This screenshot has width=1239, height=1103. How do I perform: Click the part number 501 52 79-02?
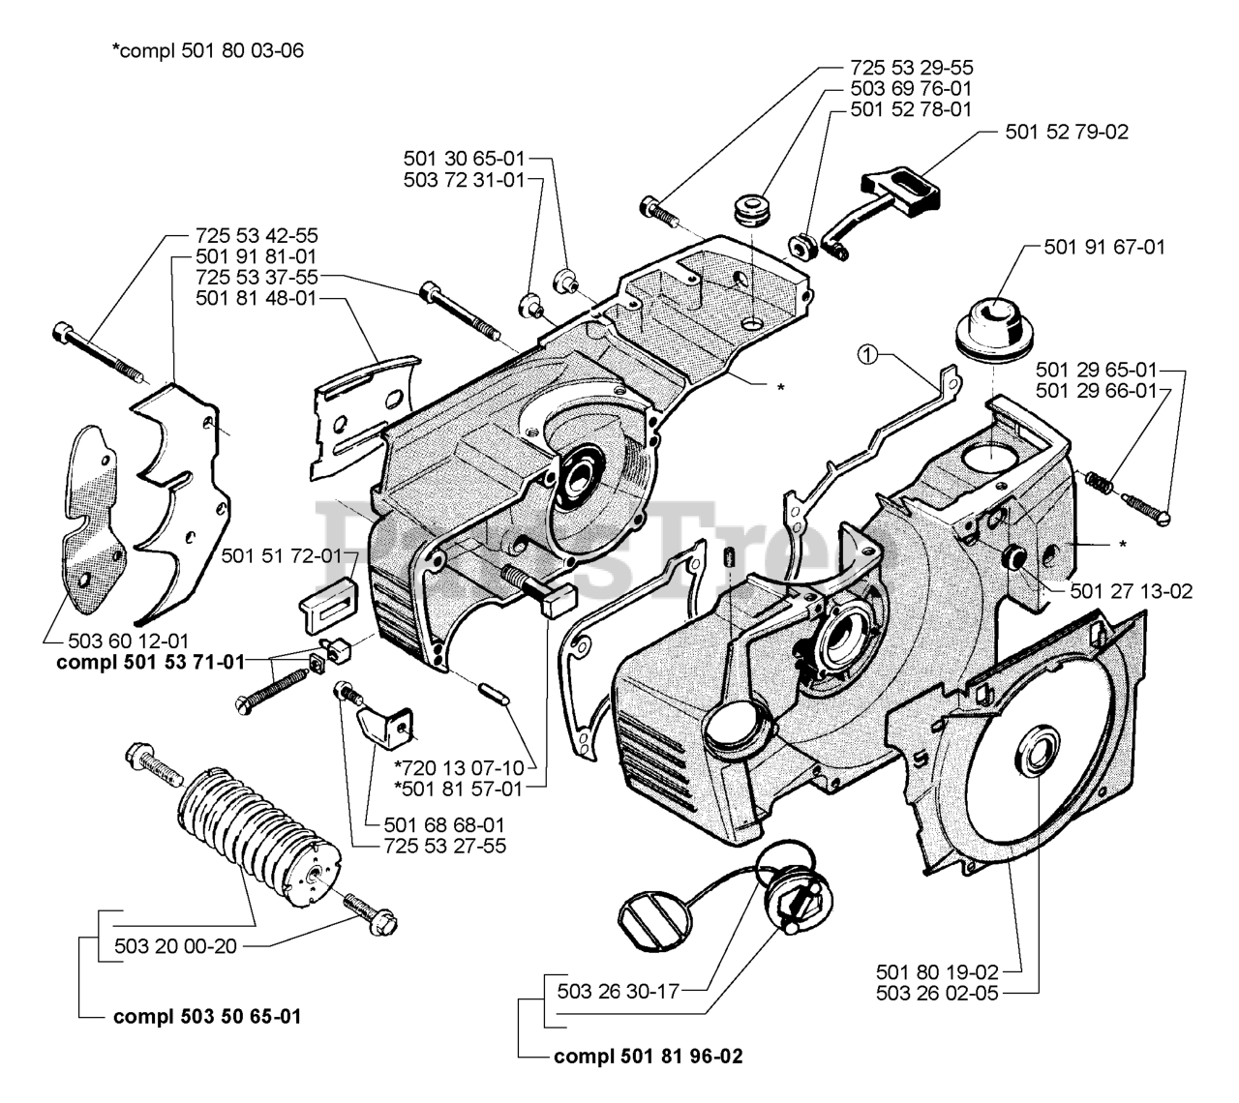[1067, 132]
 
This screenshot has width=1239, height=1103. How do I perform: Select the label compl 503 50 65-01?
[207, 1017]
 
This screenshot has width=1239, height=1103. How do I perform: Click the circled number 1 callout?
[867, 355]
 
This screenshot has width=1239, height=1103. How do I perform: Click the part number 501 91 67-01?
[1104, 247]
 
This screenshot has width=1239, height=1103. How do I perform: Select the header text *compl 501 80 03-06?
[207, 50]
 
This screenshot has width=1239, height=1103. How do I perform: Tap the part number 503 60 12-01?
[129, 641]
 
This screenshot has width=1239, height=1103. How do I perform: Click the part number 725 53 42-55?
[257, 235]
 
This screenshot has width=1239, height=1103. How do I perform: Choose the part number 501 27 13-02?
[1132, 591]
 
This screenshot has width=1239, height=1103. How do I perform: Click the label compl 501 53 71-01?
[150, 662]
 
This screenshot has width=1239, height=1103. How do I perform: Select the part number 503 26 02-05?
[937, 993]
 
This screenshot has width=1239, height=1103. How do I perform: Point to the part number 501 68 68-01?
[444, 824]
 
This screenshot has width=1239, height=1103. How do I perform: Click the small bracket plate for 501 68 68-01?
[384, 727]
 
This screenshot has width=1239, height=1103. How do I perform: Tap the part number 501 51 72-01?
[282, 555]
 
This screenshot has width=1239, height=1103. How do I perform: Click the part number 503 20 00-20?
[175, 946]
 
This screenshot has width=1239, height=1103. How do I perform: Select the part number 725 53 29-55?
[911, 68]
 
